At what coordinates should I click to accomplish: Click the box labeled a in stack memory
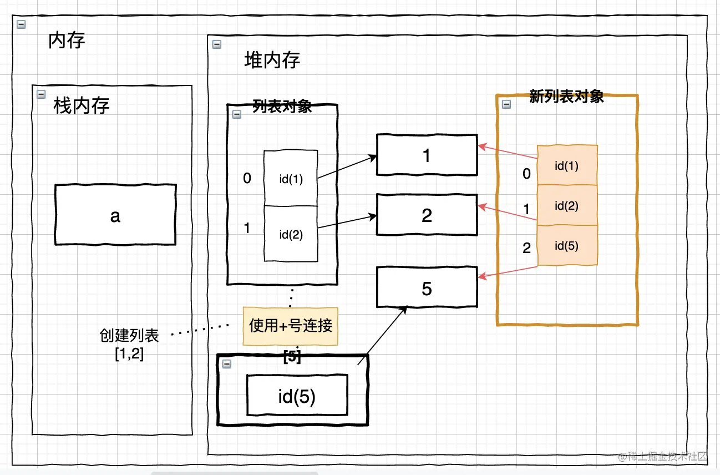pyautogui.click(x=115, y=215)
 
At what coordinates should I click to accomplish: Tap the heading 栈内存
pyautogui.click(x=81, y=105)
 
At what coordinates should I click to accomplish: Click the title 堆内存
pyautogui.click(x=272, y=60)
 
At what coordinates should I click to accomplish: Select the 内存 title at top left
pyautogui.click(x=67, y=41)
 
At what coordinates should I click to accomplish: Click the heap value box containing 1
pyautogui.click(x=426, y=155)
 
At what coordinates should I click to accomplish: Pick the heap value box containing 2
pyautogui.click(x=426, y=215)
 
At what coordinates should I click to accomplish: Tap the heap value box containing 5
pyautogui.click(x=426, y=288)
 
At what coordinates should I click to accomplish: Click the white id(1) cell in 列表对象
pyautogui.click(x=290, y=179)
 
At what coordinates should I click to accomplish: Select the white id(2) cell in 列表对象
pyautogui.click(x=290, y=234)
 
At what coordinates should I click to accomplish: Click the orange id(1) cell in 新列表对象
pyautogui.click(x=566, y=165)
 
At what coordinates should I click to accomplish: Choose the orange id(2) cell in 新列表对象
pyautogui.click(x=566, y=205)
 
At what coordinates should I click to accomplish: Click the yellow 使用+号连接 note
pyautogui.click(x=290, y=326)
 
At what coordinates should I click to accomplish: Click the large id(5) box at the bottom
pyautogui.click(x=296, y=396)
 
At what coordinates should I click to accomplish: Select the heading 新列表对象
pyautogui.click(x=566, y=97)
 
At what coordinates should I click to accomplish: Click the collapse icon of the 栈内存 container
pyautogui.click(x=40, y=94)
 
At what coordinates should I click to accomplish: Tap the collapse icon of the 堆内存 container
pyautogui.click(x=217, y=44)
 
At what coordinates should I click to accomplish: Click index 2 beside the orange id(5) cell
pyautogui.click(x=526, y=247)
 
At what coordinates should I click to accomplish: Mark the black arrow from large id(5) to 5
pyautogui.click(x=383, y=336)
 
